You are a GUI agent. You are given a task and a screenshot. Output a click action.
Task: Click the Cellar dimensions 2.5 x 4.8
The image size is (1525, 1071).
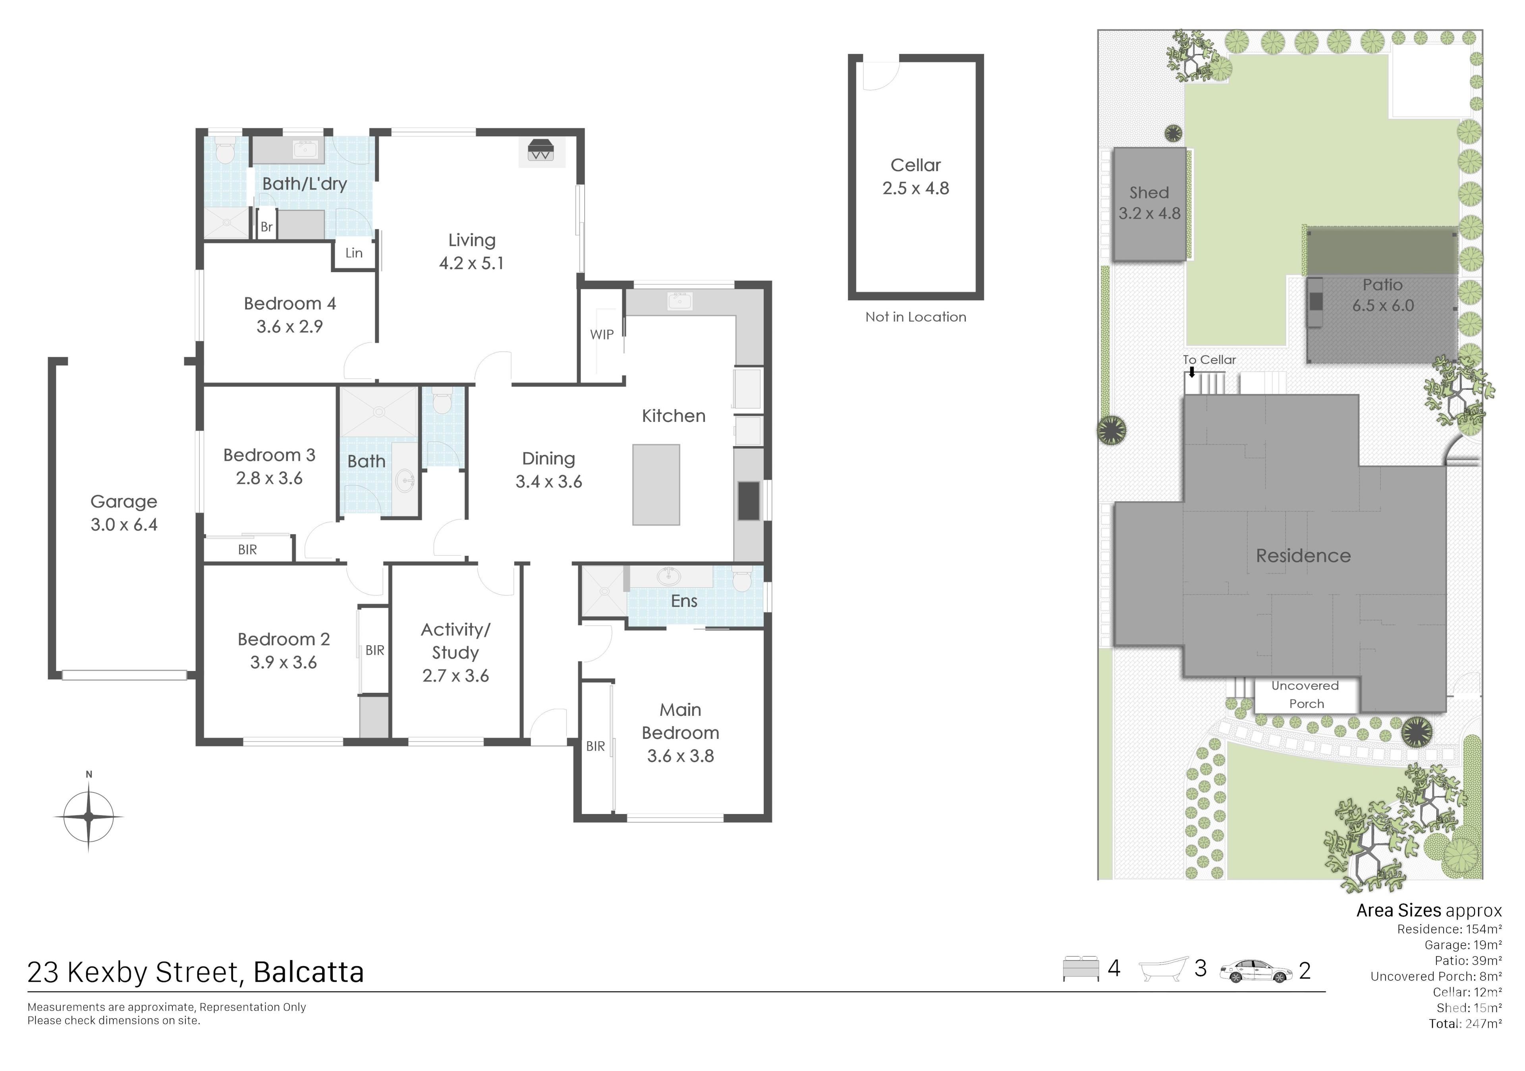click(915, 189)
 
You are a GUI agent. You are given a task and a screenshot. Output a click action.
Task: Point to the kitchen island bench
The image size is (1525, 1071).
click(656, 485)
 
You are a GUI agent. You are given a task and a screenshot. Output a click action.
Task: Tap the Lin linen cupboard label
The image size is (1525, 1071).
click(354, 253)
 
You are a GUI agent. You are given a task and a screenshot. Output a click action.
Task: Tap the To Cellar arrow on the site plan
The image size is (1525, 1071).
click(1192, 372)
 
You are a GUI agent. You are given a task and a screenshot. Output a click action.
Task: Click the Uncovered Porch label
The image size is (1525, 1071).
click(1306, 694)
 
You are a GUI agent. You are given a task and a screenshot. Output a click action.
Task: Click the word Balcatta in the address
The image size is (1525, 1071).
click(309, 972)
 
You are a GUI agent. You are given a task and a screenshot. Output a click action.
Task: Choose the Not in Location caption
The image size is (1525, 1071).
click(915, 317)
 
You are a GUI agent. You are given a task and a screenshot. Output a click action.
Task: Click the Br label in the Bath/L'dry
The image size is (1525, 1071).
click(266, 226)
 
